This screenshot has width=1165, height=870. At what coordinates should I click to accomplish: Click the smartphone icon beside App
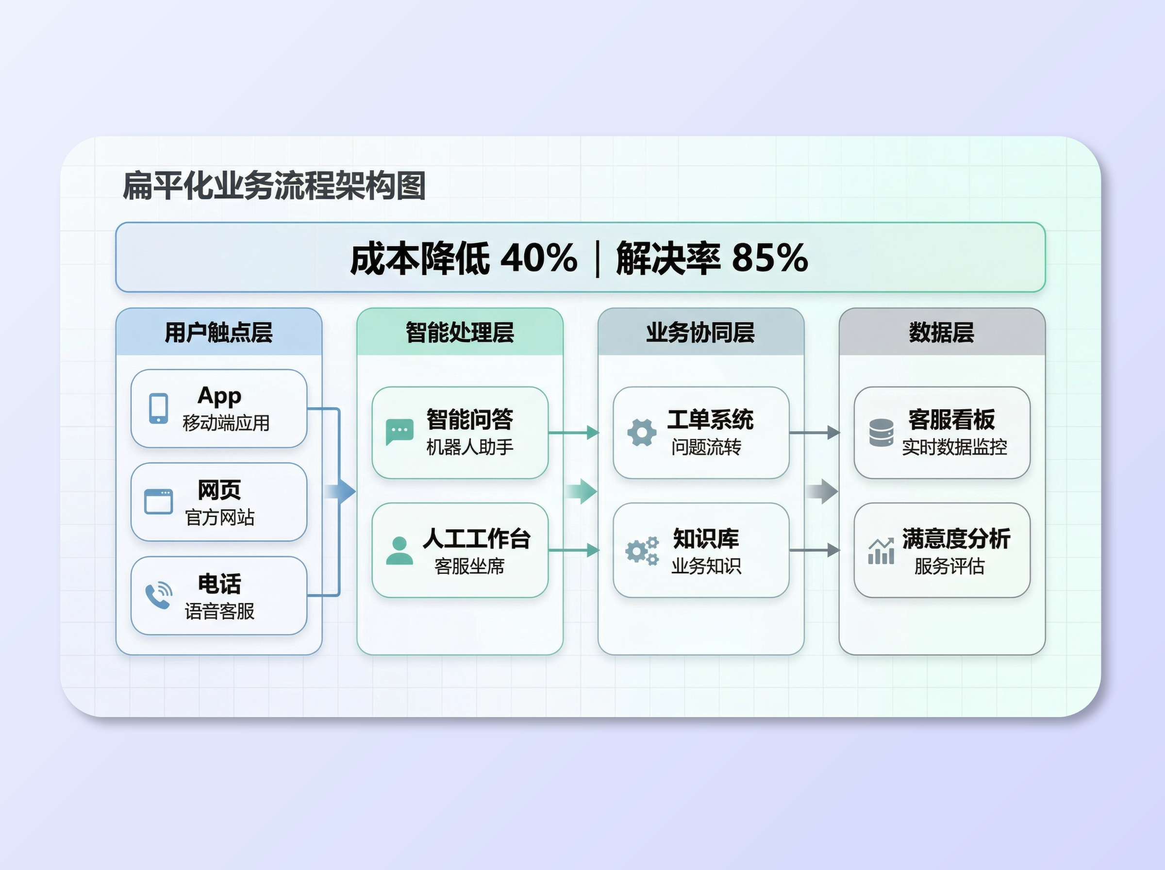pyautogui.click(x=158, y=408)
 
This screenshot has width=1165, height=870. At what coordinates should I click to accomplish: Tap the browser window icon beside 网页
pyautogui.click(x=158, y=502)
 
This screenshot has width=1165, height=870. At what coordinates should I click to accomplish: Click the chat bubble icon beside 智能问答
pyautogui.click(x=399, y=432)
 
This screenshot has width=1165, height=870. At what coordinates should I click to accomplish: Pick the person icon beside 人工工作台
pyautogui.click(x=399, y=551)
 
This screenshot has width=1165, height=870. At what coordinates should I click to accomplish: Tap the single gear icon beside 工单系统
pyautogui.click(x=642, y=433)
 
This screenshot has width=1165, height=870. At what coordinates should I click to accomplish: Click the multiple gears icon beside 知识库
pyautogui.click(x=642, y=551)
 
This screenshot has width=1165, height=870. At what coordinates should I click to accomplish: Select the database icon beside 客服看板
pyautogui.click(x=881, y=433)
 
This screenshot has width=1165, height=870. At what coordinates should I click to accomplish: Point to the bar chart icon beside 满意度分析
pyautogui.click(x=881, y=551)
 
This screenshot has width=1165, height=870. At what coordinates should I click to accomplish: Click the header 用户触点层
pyautogui.click(x=218, y=332)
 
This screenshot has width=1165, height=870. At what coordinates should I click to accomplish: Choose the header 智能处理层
pyautogui.click(x=460, y=332)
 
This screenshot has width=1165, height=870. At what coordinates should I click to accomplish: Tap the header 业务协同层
pyautogui.click(x=700, y=332)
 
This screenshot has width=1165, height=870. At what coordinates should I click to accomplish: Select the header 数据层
pyautogui.click(x=941, y=332)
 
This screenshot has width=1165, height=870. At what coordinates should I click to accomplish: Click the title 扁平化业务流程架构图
pyautogui.click(x=274, y=186)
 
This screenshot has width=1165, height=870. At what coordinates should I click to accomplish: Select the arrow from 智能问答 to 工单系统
pyautogui.click(x=574, y=433)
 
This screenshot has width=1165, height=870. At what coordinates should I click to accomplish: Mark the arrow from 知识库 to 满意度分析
pyautogui.click(x=815, y=551)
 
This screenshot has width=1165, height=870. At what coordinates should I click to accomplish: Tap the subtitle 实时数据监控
pyautogui.click(x=954, y=447)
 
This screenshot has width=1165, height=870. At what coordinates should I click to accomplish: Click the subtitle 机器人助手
pyautogui.click(x=469, y=447)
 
